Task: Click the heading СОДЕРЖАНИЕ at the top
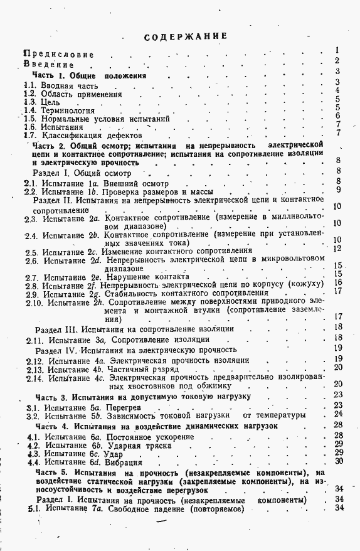(x=185, y=36)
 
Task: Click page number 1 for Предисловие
(x=337, y=50)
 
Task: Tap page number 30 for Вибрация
(x=339, y=461)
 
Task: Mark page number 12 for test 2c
(x=337, y=248)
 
